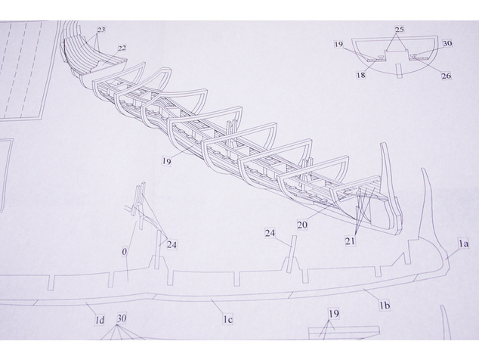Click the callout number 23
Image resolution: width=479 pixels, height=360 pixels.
(101, 29)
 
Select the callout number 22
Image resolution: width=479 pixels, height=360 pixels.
(122, 48)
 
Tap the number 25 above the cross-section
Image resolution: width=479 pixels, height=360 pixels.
(400, 29)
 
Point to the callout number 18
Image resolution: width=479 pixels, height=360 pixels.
(361, 75)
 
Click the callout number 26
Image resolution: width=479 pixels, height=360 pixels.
(447, 76)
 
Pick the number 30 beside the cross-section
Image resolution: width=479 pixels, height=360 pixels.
(447, 43)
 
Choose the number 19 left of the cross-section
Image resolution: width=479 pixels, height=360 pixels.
(338, 45)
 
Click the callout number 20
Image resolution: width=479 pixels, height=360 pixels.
(302, 225)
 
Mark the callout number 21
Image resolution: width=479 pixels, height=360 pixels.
(351, 241)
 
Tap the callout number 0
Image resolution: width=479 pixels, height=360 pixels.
(124, 252)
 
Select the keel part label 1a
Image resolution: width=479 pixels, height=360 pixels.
(463, 244)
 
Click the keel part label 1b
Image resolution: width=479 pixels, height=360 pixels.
(385, 306)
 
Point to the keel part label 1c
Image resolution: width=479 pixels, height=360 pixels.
(227, 320)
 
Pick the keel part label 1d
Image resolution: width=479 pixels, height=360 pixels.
(100, 320)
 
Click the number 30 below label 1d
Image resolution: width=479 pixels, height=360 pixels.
(122, 318)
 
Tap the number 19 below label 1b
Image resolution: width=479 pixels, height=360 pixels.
(334, 314)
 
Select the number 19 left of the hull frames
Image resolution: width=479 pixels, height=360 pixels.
(166, 161)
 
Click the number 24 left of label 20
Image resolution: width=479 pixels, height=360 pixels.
(270, 234)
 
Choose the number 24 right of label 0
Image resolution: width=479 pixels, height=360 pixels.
(172, 245)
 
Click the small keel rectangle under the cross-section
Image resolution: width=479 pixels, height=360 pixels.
(397, 70)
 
